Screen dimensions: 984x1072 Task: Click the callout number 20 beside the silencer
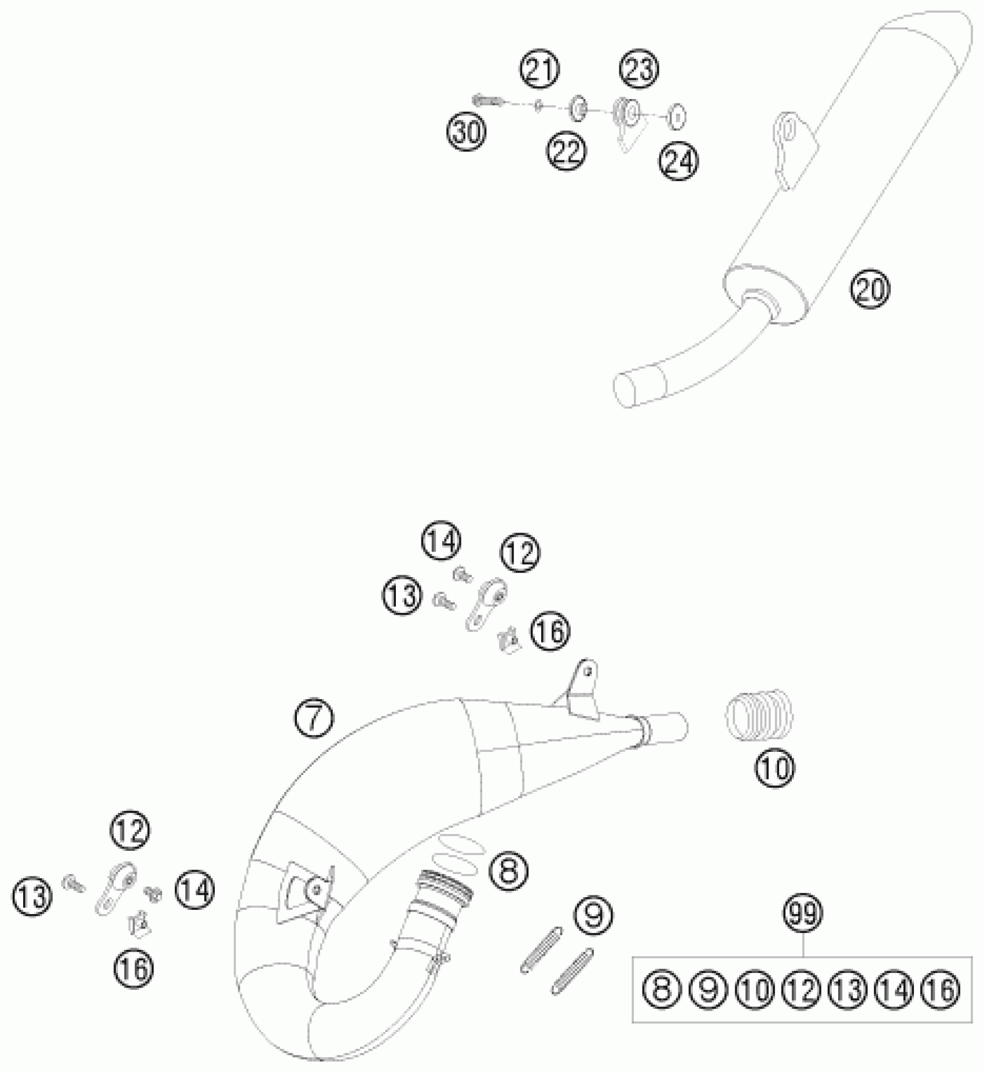pyautogui.click(x=870, y=289)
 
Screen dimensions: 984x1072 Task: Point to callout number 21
pyautogui.click(x=540, y=69)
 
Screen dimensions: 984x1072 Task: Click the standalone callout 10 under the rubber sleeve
pyautogui.click(x=775, y=768)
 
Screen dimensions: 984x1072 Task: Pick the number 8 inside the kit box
pyautogui.click(x=662, y=990)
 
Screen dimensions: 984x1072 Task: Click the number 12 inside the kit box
pyautogui.click(x=802, y=990)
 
